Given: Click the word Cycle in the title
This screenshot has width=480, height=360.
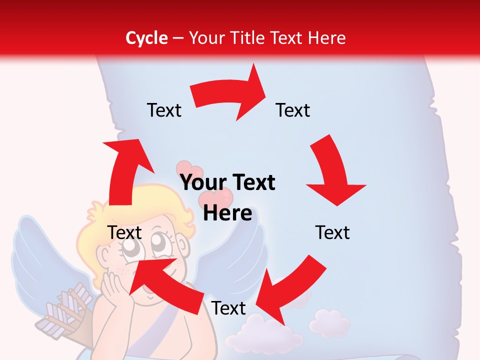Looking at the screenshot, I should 146,38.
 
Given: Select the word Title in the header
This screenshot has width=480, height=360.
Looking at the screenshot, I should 248,38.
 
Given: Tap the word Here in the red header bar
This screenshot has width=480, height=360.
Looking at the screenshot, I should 327,38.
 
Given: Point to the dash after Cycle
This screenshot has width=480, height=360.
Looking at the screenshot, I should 178,38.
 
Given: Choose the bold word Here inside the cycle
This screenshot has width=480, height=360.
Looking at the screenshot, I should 227,213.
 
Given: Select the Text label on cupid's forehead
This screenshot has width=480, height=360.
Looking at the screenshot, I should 125,232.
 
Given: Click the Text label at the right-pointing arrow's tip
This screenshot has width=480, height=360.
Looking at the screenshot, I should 293,110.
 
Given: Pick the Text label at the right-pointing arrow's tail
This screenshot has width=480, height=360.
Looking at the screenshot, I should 164,110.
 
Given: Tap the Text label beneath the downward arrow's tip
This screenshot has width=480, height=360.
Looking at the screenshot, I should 332,232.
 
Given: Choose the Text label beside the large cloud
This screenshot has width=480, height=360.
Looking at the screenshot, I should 228,308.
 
